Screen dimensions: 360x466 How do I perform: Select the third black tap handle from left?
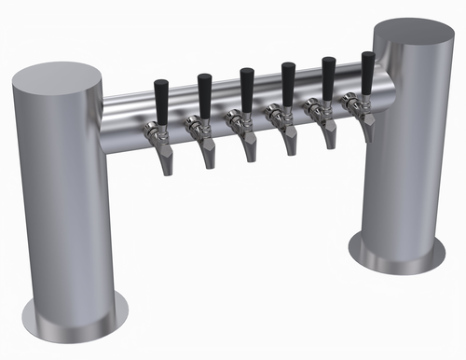tap(246, 89)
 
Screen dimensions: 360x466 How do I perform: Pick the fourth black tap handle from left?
tap(288, 83)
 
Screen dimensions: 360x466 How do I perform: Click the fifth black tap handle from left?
tap(329, 77)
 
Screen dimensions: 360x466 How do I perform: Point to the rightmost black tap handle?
tap(368, 72)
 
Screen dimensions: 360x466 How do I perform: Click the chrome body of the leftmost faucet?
tap(154, 132)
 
